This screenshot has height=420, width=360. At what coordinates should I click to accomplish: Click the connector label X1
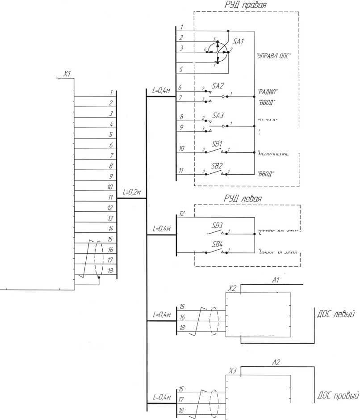pos(67,74)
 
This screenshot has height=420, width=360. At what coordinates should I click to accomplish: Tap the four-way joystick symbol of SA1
pos(218,52)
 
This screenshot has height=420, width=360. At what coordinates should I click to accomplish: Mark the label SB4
pos(217,245)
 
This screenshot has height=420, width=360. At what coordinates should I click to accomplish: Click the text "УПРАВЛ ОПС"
pos(274,57)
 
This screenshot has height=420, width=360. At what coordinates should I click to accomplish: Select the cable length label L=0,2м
pos(132,193)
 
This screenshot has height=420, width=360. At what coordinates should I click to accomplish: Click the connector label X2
pos(232,289)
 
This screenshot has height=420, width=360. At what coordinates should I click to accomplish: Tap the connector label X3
pos(232,370)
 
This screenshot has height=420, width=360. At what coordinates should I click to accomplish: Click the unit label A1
pos(276,280)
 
